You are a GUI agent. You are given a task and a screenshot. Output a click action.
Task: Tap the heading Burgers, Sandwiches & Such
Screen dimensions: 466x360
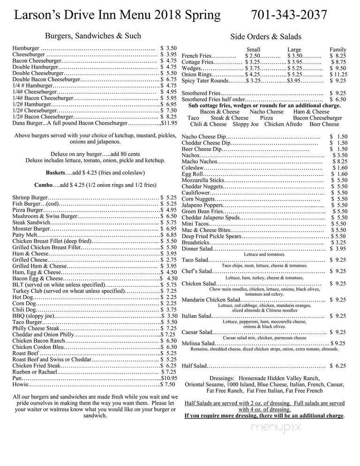pos(93,36)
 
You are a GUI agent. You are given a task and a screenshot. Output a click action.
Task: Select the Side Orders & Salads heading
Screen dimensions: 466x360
pos(266,37)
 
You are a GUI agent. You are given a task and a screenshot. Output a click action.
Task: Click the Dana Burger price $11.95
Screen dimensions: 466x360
pos(169,123)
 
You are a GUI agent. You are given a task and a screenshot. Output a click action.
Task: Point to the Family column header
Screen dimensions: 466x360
pos(337,49)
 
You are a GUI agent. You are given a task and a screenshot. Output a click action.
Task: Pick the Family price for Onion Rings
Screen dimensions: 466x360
pos(337,74)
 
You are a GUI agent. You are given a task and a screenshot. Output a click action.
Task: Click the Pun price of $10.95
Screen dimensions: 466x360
pos(169,378)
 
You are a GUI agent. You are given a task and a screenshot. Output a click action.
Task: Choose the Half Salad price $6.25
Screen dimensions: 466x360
pos(338,366)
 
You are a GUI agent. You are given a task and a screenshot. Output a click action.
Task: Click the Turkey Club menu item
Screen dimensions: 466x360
pos(30,291)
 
